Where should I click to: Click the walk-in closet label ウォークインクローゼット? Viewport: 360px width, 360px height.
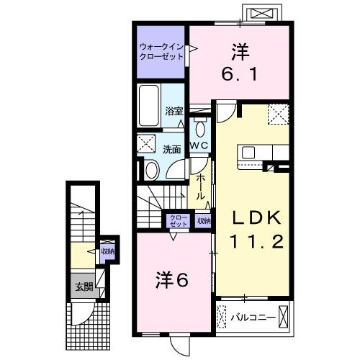coord(161,52)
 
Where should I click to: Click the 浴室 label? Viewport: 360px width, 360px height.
coord(174,112)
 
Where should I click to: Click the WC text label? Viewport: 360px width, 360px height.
coord(199,145)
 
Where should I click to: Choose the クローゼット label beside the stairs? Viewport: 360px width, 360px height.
coord(177,221)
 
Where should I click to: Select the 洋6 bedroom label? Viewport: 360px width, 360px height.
coord(173,279)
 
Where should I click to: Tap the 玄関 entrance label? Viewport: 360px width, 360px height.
coord(83,287)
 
